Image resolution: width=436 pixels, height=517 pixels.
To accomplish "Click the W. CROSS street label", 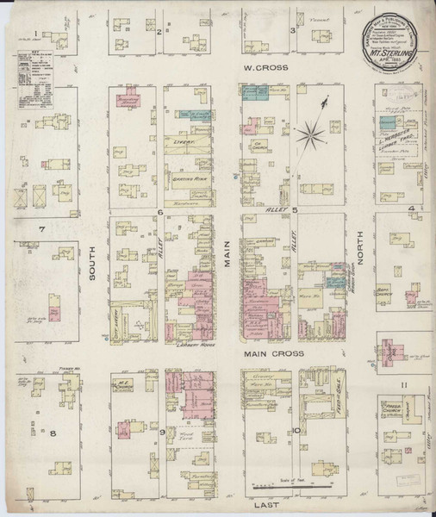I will tap(258, 66).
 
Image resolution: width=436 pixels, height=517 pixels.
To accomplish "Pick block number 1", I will tap(35, 34).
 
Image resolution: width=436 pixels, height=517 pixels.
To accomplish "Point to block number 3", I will tap(293, 32).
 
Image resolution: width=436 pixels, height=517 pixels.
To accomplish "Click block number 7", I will tap(41, 230).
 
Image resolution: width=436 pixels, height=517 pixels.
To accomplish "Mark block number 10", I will tap(295, 430).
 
